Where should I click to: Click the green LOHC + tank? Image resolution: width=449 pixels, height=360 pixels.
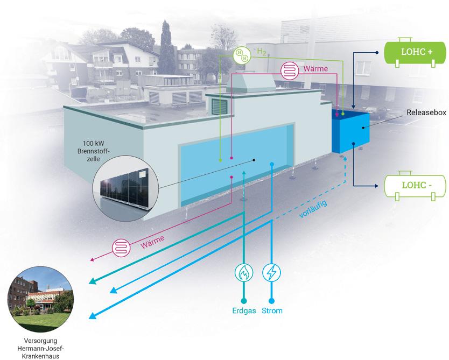point(415,52)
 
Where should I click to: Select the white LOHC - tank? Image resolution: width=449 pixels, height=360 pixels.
point(415,186)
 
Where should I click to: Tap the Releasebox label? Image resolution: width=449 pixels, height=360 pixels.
point(426,112)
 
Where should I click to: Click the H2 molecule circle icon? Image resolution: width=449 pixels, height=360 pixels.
point(242,55)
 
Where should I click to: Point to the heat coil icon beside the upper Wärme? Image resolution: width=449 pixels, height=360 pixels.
point(290,70)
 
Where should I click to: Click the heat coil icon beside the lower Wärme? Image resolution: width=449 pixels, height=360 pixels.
point(121,248)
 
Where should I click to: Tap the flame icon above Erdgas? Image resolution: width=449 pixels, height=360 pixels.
point(244,272)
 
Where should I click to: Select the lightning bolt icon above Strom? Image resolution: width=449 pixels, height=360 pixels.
point(271,272)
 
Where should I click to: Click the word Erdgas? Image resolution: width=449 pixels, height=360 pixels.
point(244,311)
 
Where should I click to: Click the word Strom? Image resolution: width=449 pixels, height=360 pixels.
point(272,311)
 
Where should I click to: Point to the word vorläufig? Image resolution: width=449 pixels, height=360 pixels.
point(313,209)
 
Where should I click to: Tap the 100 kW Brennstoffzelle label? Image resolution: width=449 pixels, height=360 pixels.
point(94,151)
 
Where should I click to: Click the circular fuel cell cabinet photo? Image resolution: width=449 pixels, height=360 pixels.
point(125,188)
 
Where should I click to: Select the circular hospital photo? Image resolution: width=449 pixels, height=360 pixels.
point(41,299)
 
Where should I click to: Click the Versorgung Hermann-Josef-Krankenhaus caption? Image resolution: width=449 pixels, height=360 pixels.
point(41,348)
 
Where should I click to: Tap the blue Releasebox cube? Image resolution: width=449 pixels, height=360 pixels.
point(350,131)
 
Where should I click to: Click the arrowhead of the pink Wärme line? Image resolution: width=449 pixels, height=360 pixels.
point(93,259)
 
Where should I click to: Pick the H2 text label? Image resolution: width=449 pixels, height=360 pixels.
point(262,52)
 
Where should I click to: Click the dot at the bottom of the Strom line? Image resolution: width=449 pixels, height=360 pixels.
point(271,301)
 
